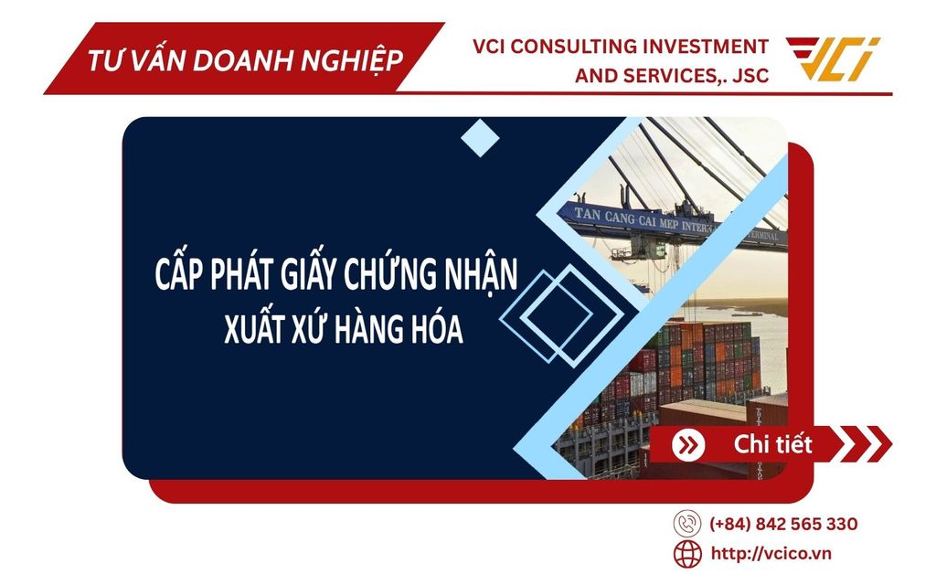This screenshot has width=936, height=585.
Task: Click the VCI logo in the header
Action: (834, 59)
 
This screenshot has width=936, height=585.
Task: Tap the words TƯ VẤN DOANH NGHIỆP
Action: (245, 61)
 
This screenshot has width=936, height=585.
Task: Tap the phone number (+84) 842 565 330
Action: (783, 524)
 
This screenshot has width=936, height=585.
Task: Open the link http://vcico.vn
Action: (771, 553)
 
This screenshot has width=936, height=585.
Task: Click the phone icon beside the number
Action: (687, 524)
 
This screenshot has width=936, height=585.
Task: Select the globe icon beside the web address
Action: (687, 553)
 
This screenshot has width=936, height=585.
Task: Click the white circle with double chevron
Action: (687, 445)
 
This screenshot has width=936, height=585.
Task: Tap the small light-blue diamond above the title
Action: (480, 138)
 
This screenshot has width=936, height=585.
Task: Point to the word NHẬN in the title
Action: (480, 274)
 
